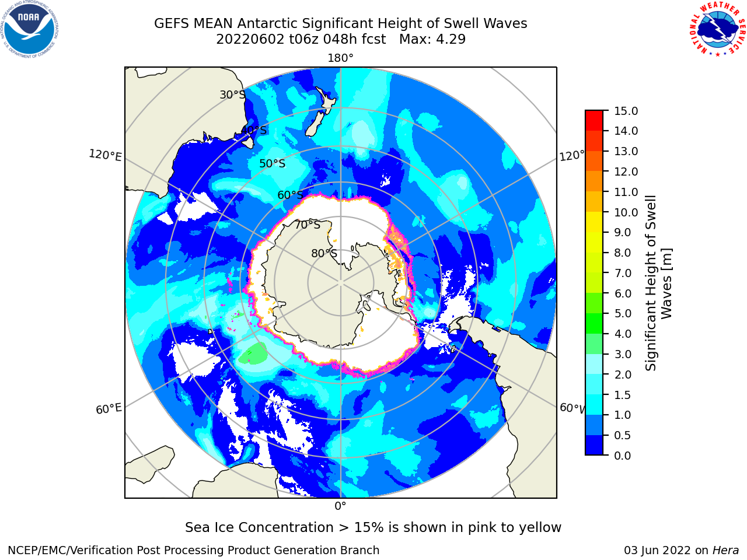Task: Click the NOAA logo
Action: pyautogui.click(x=30, y=30)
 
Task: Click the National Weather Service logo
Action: pyautogui.click(x=718, y=29)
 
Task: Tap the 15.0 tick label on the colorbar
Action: pyautogui.click(x=626, y=111)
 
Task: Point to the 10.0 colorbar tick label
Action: pyautogui.click(x=626, y=212)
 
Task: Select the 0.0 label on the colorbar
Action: pyautogui.click(x=623, y=456)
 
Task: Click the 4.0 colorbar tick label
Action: pyautogui.click(x=623, y=334)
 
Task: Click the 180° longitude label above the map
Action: pyautogui.click(x=340, y=58)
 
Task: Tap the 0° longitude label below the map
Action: pyautogui.click(x=340, y=506)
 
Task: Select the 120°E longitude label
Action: pyautogui.click(x=105, y=155)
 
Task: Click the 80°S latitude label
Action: pyautogui.click(x=324, y=254)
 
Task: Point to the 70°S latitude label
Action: pyautogui.click(x=308, y=225)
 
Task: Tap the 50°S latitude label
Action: pyautogui.click(x=273, y=163)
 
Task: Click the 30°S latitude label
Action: pyautogui.click(x=232, y=94)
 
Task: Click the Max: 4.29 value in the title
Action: pyautogui.click(x=432, y=40)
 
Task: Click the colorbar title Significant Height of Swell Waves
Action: pyautogui.click(x=658, y=283)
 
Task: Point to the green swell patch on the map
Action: pyautogui.click(x=253, y=353)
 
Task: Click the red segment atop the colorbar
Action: pyautogui.click(x=594, y=121)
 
